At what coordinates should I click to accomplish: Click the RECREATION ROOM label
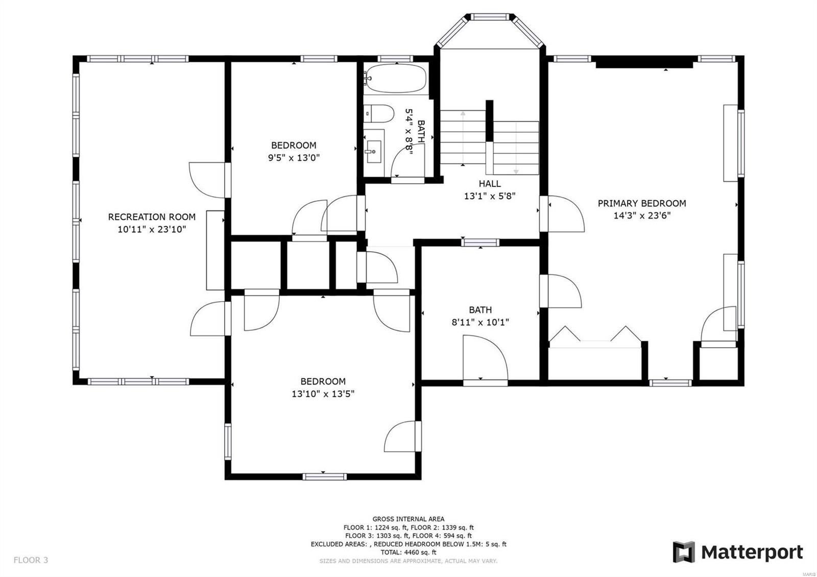(x=152, y=217)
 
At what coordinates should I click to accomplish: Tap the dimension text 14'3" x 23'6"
(x=642, y=216)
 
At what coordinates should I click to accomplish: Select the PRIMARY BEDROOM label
(x=642, y=203)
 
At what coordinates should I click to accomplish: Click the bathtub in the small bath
(x=395, y=78)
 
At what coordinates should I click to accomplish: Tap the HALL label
(x=490, y=184)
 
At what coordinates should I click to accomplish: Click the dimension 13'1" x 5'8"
(x=490, y=196)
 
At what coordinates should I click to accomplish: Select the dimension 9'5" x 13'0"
(x=294, y=158)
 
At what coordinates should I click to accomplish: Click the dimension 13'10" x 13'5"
(x=323, y=394)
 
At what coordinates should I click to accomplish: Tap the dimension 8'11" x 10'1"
(x=480, y=322)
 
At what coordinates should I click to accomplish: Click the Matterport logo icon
(x=684, y=552)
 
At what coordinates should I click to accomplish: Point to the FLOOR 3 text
(x=31, y=560)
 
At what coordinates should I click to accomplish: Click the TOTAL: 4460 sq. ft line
(x=408, y=552)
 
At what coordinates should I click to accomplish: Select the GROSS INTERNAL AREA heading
(x=408, y=519)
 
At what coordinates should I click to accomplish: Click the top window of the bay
(x=490, y=17)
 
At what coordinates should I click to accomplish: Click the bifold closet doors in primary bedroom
(x=595, y=336)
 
